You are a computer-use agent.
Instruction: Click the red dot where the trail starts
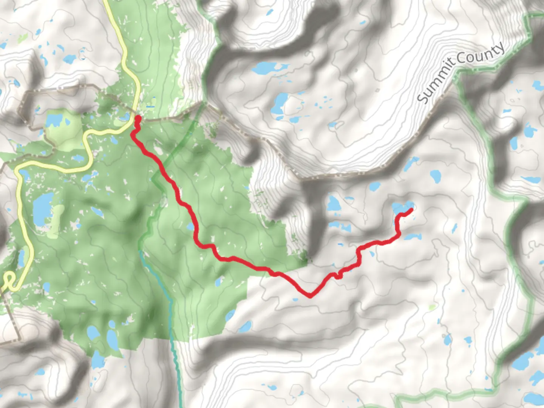138,119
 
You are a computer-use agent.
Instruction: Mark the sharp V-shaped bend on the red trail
310,296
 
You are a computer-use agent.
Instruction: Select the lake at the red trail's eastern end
400,207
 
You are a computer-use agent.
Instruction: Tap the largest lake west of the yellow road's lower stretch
43,207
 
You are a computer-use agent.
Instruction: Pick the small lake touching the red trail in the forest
191,227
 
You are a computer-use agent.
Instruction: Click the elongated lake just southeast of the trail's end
413,237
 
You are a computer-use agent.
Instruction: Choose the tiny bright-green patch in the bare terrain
431,308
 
